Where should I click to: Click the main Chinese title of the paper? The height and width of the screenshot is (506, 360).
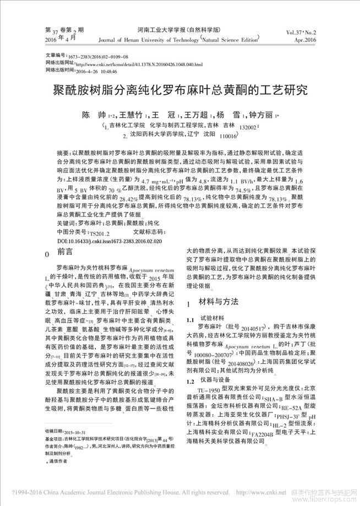click(x=179, y=90)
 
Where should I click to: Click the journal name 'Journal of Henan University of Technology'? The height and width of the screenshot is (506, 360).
click(x=165, y=40)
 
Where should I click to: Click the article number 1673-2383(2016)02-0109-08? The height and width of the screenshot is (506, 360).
click(x=98, y=57)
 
